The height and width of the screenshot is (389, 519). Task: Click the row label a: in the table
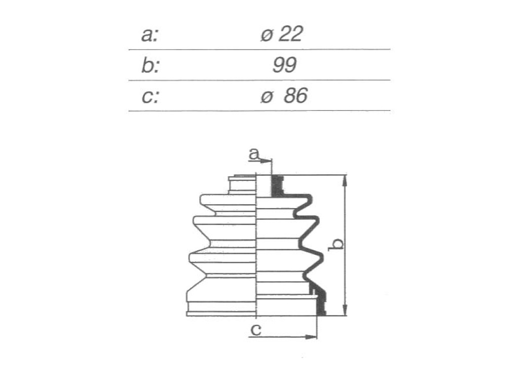[x=150, y=35]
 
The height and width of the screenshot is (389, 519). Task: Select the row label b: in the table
[x=150, y=65]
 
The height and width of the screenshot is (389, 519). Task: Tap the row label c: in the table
[x=150, y=97]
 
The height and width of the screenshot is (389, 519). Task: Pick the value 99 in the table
[x=284, y=65]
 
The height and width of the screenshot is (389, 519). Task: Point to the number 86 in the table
[x=295, y=95]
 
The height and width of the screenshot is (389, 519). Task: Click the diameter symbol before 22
[x=267, y=35]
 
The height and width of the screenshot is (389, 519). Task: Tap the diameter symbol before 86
[x=267, y=97]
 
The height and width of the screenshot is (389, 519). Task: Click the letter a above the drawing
[x=254, y=154]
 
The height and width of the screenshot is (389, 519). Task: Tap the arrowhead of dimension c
[x=311, y=337]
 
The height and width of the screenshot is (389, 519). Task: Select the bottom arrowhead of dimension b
[x=345, y=309]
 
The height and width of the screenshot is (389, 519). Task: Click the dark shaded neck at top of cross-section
[x=277, y=186]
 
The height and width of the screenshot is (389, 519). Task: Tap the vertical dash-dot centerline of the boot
[x=257, y=245]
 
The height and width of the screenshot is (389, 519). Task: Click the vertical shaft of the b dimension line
[x=345, y=245]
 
